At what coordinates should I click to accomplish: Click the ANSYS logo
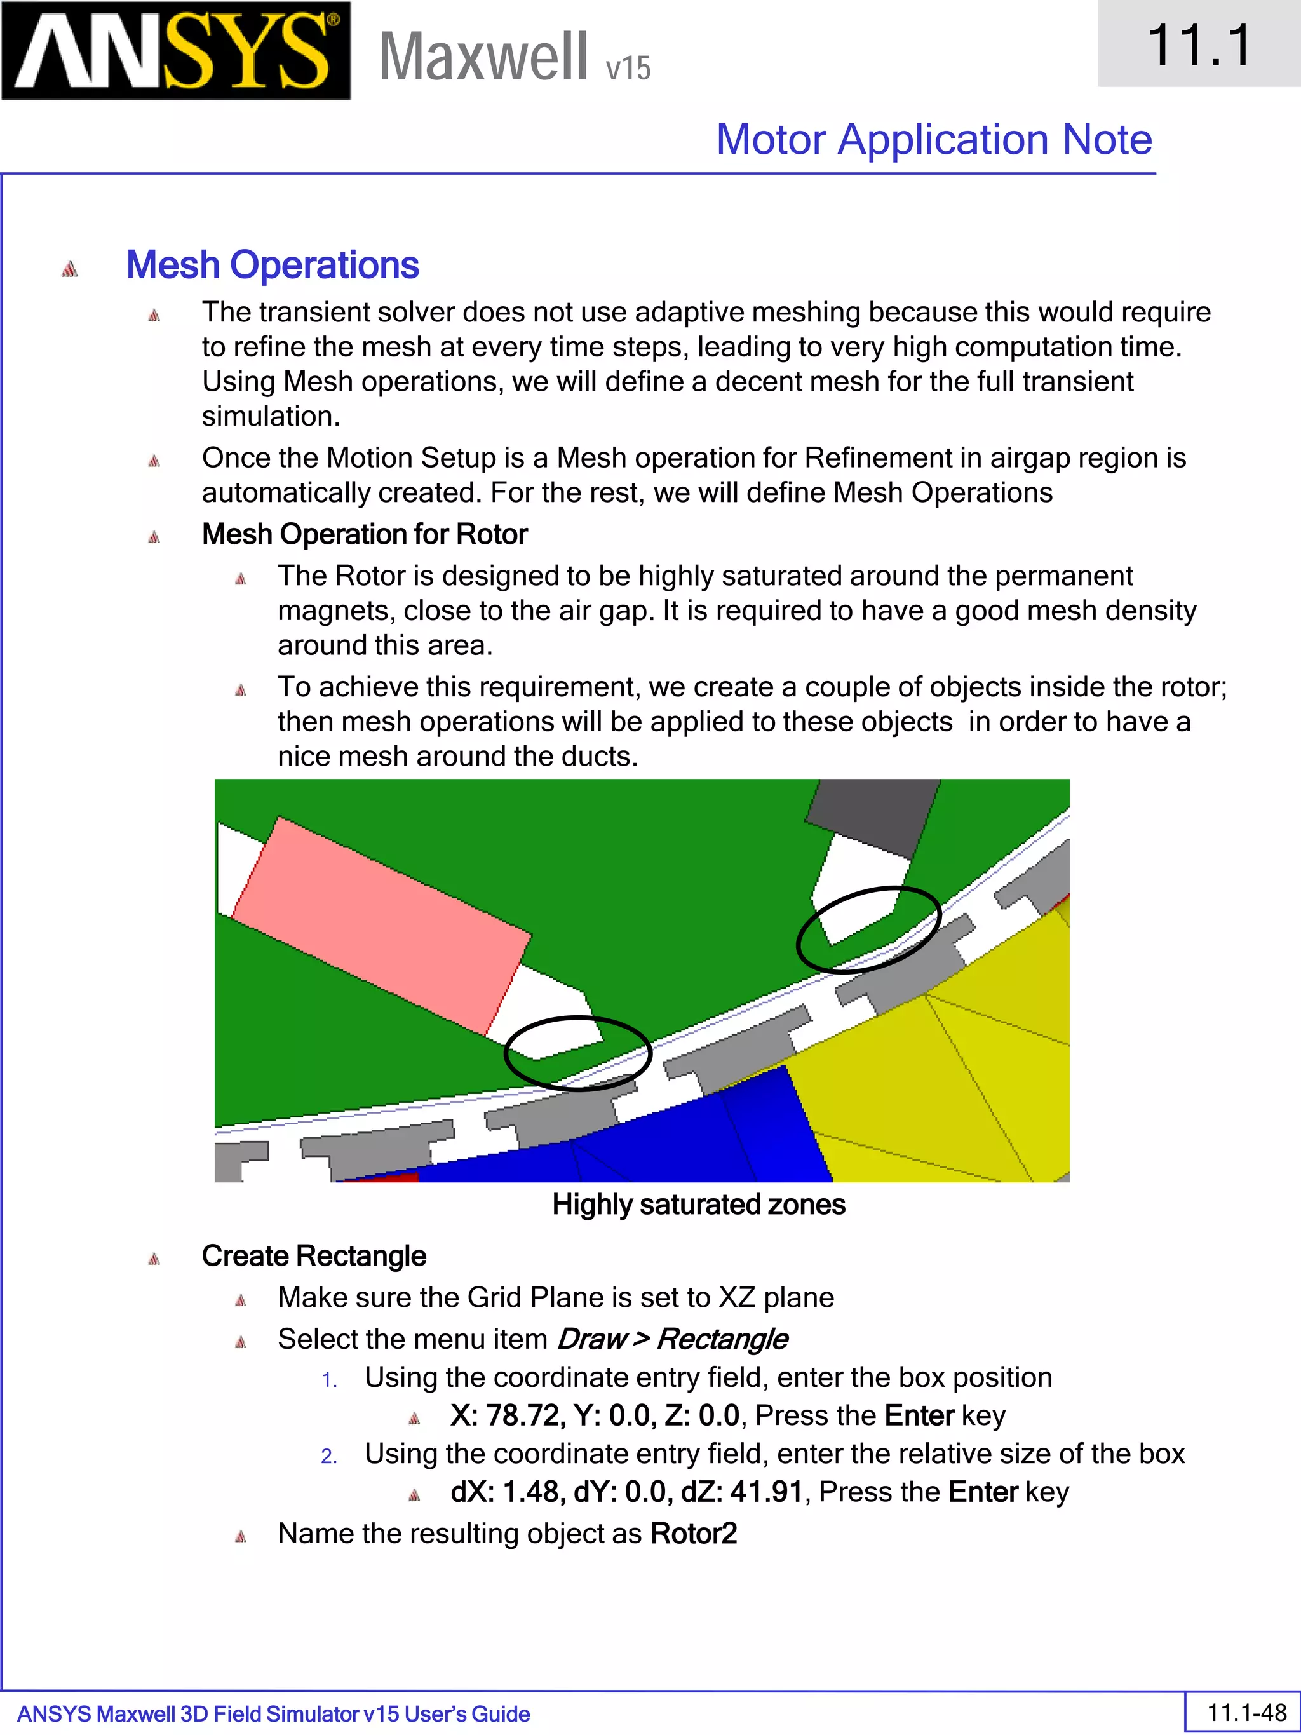176,50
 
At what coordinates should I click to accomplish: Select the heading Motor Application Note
933,140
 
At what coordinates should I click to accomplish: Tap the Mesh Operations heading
272,264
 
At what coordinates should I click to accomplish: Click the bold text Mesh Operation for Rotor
364,534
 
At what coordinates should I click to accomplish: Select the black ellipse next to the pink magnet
578,1053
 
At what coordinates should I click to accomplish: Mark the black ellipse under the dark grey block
868,929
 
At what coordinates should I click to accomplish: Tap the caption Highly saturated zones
698,1205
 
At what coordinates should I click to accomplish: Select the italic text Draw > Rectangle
671,1339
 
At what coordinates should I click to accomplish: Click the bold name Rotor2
693,1534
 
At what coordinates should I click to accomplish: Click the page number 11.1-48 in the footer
1246,1712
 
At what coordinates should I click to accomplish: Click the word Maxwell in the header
483,57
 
